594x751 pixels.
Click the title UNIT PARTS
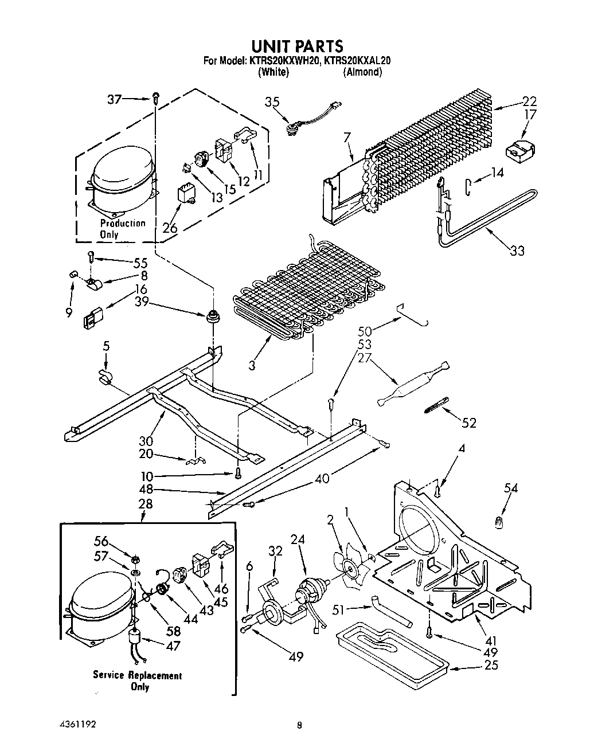click(296, 46)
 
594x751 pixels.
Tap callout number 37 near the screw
click(115, 99)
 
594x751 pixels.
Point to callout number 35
click(272, 102)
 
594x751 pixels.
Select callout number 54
click(511, 488)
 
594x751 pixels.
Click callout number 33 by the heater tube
click(516, 251)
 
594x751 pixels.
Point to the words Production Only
click(123, 228)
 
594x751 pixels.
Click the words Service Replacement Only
click(138, 681)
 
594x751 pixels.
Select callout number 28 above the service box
click(146, 504)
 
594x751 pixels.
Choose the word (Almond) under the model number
click(362, 72)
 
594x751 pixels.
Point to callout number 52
click(469, 423)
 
